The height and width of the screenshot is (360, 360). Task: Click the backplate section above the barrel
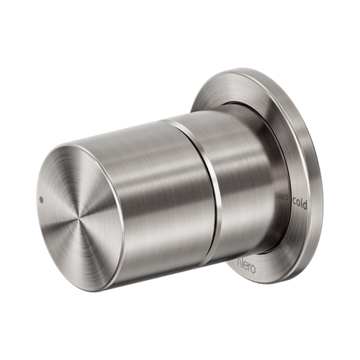coord(238,86)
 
